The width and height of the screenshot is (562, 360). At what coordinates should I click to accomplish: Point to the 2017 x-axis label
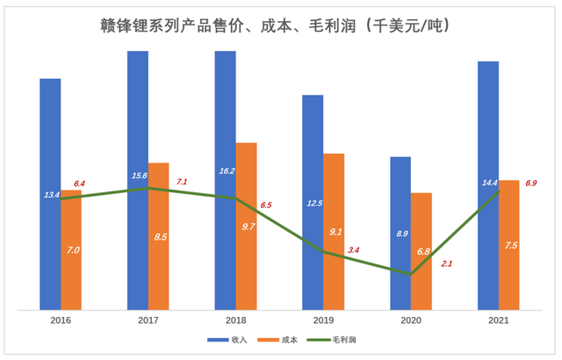(x=148, y=321)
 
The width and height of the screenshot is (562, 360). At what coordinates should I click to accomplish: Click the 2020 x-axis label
(x=411, y=321)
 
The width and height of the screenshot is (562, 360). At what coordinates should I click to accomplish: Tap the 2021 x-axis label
(x=499, y=321)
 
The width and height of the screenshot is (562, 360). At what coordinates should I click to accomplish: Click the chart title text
(x=281, y=25)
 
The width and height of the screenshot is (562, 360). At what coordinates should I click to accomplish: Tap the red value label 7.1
(x=183, y=182)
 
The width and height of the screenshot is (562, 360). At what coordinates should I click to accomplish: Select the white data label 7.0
(x=74, y=250)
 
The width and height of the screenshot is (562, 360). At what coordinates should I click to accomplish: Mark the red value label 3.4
(x=354, y=250)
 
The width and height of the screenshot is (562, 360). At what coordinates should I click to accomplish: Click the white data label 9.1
(x=335, y=232)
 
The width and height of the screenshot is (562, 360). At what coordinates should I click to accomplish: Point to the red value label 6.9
(x=531, y=184)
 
